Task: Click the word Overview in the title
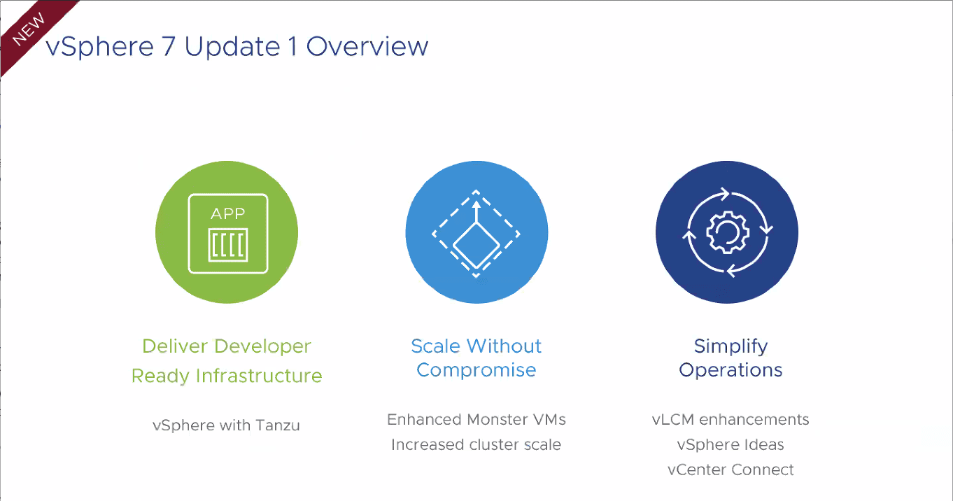coord(367,46)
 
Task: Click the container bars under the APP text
coord(228,246)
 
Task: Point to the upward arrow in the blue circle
coord(476,211)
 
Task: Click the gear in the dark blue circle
coord(726,233)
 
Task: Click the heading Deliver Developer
coord(227,346)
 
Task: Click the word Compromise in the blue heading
coord(476,370)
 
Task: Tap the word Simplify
coord(730,346)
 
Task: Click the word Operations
coord(730,370)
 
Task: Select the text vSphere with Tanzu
coord(226,425)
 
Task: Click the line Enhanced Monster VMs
coord(476,420)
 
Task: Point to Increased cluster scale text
coord(476,445)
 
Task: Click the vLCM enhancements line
coord(730,420)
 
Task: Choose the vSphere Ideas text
coord(730,445)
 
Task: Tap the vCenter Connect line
coord(730,470)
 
